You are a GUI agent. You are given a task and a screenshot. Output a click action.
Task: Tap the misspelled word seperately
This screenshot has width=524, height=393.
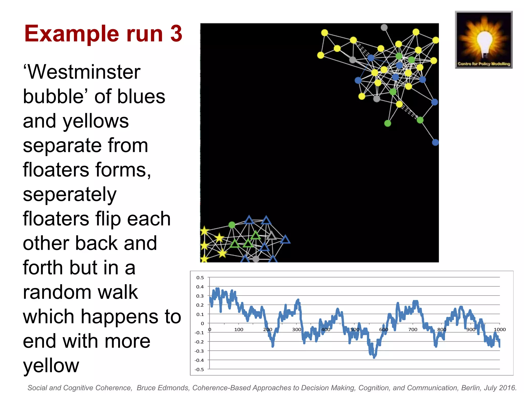click(70, 194)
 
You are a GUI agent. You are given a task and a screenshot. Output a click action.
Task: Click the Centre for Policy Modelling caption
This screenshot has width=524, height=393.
click(484, 64)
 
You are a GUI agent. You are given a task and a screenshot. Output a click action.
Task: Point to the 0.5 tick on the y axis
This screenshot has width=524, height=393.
click(200, 278)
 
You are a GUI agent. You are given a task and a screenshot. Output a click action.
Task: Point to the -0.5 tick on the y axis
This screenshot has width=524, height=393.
click(199, 369)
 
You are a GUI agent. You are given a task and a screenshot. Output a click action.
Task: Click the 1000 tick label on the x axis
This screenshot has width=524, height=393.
click(499, 330)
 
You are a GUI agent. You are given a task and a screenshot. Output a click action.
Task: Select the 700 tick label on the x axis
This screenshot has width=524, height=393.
click(412, 330)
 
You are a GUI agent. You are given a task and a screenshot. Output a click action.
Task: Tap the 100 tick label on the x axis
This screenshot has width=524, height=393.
click(238, 330)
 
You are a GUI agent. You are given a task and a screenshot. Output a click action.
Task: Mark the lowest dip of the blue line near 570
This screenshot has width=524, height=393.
click(374, 356)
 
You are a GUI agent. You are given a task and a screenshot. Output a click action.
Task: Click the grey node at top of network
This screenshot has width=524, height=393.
click(384, 27)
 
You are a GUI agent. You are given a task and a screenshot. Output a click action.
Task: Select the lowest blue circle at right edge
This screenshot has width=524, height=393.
click(435, 142)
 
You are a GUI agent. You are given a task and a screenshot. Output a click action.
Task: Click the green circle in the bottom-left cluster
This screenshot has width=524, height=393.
click(232, 225)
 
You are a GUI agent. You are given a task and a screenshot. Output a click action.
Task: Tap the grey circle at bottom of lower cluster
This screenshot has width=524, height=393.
click(256, 259)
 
